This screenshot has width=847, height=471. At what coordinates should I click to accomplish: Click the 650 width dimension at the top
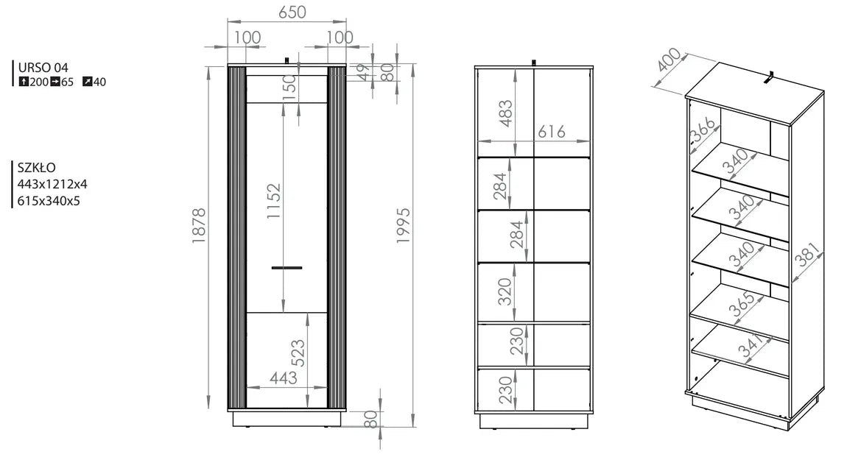[x=292, y=12]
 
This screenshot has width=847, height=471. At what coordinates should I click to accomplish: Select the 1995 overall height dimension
[x=404, y=225]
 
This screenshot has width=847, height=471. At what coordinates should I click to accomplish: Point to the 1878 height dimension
[x=200, y=225]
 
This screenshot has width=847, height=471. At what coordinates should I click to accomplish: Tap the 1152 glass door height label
[x=274, y=201]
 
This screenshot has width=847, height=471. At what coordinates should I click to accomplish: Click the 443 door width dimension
[x=284, y=378]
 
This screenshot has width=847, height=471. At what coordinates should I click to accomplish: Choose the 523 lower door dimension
[x=298, y=353]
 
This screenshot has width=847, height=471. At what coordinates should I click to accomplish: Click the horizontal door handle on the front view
[x=287, y=268]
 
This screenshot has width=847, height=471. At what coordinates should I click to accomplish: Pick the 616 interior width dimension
[x=552, y=132]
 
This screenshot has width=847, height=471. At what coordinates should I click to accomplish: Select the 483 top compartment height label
[x=505, y=113]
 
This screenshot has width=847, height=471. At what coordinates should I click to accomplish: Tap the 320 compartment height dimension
[x=505, y=292]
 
